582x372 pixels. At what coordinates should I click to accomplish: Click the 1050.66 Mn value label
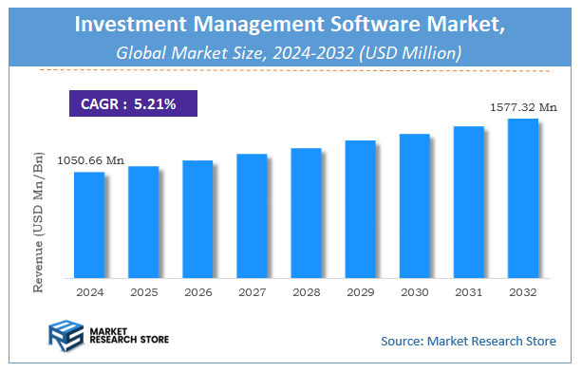point(89,161)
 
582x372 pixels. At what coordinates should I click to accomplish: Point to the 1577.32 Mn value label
point(522,108)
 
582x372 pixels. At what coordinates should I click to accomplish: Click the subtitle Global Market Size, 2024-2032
point(233,52)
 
